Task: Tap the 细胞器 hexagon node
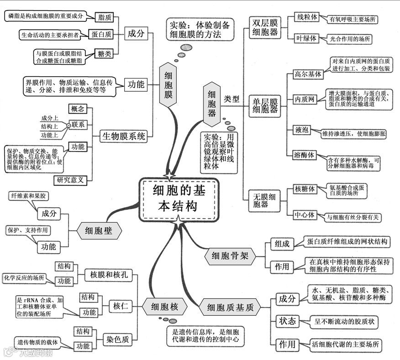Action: (212, 103)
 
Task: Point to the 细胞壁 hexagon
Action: (98, 231)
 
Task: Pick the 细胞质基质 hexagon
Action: (231, 308)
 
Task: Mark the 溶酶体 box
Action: (305, 155)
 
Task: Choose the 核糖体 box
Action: (305, 188)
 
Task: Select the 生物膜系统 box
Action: (124, 136)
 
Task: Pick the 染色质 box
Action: (118, 339)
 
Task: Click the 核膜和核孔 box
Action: (108, 275)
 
